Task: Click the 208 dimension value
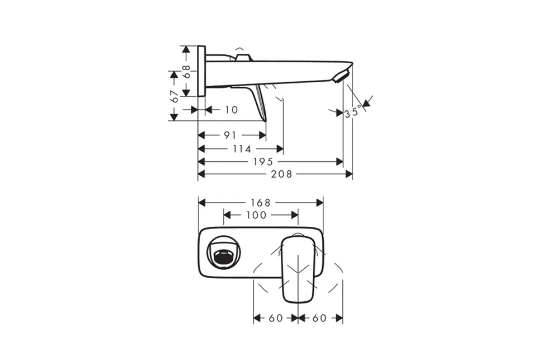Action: [281, 174]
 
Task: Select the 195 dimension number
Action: [263, 161]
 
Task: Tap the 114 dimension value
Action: [242, 149]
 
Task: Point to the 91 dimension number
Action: [230, 135]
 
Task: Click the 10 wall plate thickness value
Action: [231, 110]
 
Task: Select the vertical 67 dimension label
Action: [175, 97]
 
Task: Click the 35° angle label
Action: [353, 111]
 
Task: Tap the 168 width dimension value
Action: [261, 203]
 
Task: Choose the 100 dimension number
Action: [256, 215]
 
